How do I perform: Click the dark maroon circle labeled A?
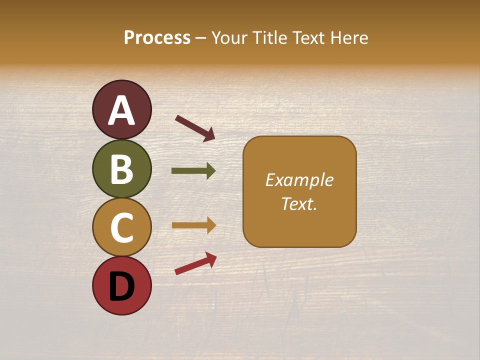[x=121, y=109]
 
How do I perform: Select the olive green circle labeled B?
[x=121, y=168]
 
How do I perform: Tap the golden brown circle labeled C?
[x=121, y=227]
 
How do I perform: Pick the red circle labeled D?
[x=121, y=286]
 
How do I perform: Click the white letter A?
[x=121, y=110]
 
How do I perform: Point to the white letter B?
[x=121, y=169]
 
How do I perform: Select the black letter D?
[x=121, y=286]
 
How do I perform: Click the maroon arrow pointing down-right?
[x=195, y=127]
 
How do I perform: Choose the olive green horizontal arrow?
[x=193, y=171]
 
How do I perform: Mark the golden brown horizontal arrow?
[x=193, y=225]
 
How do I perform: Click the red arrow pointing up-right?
[x=195, y=263]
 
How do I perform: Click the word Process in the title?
[x=157, y=38]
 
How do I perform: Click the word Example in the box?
[x=299, y=180]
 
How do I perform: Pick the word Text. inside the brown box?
[x=299, y=204]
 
